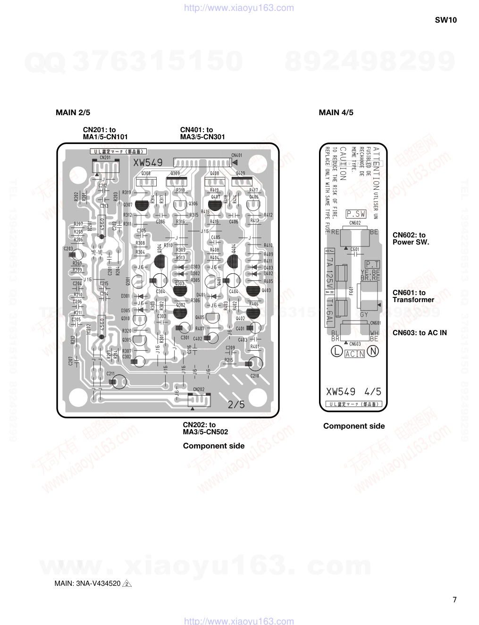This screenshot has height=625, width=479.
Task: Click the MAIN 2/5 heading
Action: tap(73, 112)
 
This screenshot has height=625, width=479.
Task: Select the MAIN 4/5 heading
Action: tap(336, 112)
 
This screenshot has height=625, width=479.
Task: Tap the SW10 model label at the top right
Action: tap(445, 20)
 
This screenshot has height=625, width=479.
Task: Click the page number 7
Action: tap(454, 600)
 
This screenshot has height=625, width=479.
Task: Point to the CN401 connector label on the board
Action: tap(236, 155)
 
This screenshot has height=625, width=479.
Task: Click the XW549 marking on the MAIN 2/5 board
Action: tap(148, 162)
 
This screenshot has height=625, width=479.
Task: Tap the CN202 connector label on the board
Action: tap(199, 389)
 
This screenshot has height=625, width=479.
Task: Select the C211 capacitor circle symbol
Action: tap(119, 382)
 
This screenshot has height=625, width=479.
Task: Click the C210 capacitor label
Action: tap(254, 376)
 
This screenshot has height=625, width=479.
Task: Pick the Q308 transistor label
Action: tap(146, 173)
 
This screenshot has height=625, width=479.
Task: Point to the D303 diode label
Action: tap(195, 267)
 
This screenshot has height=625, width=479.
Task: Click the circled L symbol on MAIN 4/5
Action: tap(336, 351)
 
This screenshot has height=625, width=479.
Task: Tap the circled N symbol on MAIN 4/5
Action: tap(373, 351)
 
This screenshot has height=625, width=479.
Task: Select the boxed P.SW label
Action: tap(356, 214)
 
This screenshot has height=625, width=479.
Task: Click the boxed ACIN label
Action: tap(355, 354)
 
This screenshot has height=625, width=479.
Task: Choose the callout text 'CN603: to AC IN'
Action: tap(420, 333)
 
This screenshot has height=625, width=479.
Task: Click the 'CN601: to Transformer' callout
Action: tap(413, 296)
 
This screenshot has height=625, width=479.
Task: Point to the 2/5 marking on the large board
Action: tap(236, 404)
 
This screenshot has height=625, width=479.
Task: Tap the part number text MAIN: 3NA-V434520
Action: tap(88, 583)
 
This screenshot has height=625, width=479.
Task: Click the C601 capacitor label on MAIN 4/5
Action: tap(354, 249)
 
